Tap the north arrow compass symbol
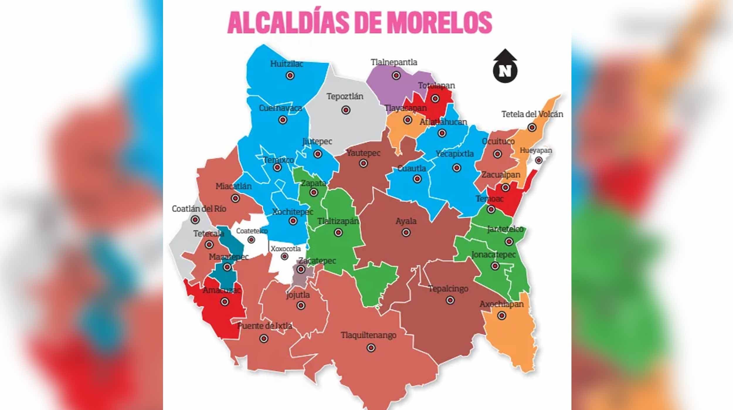tap(505, 66)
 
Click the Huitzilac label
tap(286, 64)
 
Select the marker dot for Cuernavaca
tap(283, 120)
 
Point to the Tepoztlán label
tap(345, 96)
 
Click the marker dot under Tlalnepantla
tap(396, 75)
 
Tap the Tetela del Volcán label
tap(532, 114)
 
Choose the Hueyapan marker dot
tap(538, 160)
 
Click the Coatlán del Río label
tap(199, 209)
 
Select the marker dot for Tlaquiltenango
tap(371, 348)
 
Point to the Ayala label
tap(406, 221)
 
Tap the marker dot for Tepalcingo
tap(450, 300)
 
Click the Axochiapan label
tap(501, 304)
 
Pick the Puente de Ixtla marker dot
tap(264, 339)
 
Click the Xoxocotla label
tap(286, 249)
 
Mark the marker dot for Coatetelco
tap(251, 240)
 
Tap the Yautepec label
tap(363, 153)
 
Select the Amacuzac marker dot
tap(225, 301)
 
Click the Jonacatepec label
tap(493, 255)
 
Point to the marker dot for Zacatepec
tap(301, 269)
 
